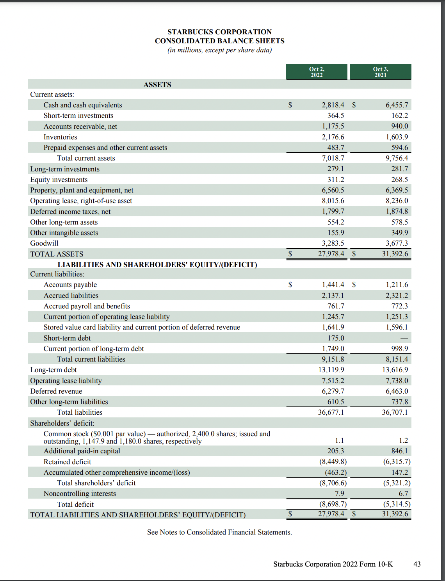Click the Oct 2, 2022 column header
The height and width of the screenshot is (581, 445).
pos(317,72)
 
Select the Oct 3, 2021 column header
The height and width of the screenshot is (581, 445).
pos(381,72)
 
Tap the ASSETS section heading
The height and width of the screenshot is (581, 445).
pos(157,85)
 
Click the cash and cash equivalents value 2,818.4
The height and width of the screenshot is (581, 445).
pos(333,105)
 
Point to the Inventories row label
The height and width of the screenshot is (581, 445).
pos(60,137)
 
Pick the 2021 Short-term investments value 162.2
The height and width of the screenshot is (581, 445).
pos(399,116)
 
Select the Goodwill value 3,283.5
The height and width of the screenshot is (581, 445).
pos(333,243)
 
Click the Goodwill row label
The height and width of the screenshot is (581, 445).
pos(44,243)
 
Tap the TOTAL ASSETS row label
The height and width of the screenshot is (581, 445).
pos(57,254)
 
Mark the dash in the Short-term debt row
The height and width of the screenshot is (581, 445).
pos(404,338)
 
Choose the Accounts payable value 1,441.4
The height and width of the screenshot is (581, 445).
pos(333,285)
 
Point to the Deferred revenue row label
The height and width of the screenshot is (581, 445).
pos(56,391)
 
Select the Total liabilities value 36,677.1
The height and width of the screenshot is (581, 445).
pos(331,412)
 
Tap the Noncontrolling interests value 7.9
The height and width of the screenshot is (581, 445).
pos(339,494)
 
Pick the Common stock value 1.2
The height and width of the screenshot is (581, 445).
pos(403,440)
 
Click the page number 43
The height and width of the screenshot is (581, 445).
pos(417,564)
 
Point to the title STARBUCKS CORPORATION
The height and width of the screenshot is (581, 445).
pos(219,32)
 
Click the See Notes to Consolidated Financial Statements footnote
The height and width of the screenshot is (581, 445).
pos(219,532)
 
